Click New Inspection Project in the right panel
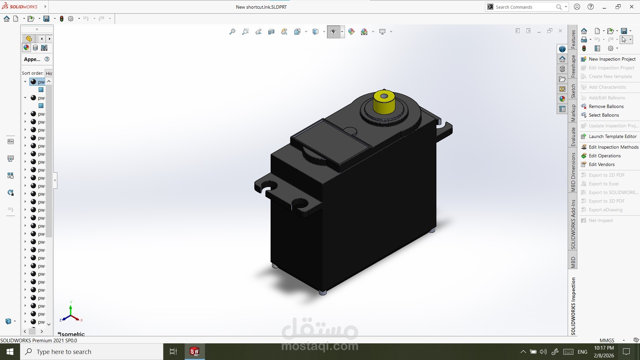612,59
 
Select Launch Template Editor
612,136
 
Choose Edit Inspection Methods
613,147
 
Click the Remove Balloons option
606,106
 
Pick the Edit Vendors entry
601,164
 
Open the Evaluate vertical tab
573,137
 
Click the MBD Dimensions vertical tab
573,172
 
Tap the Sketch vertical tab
573,91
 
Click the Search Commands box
523,7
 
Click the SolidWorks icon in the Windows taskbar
194,352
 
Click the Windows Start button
10,352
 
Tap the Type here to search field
92,352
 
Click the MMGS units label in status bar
607,340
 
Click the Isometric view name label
72,334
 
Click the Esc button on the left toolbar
11,141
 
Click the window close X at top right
631,7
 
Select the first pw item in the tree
41,82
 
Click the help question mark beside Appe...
47,59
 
